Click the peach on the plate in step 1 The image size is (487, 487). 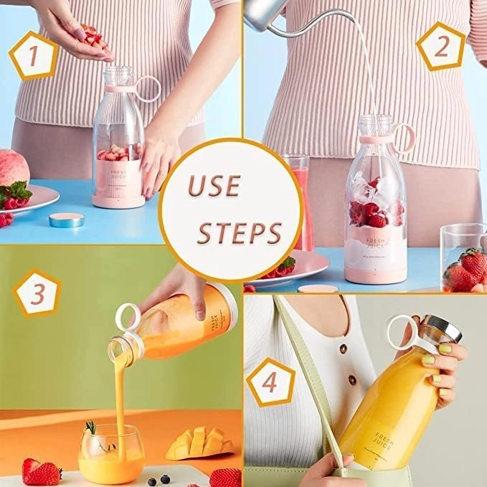pyautogui.click(x=14, y=169)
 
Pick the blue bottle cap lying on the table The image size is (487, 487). pyautogui.click(x=66, y=219)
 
